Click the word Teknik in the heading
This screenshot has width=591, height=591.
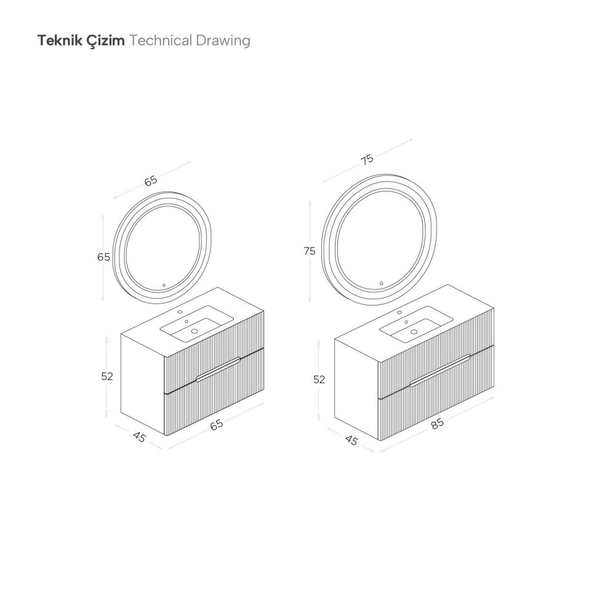60,40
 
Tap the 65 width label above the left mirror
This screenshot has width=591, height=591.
151,181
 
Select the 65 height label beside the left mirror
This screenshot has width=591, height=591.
103,257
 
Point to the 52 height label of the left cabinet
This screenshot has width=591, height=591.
107,376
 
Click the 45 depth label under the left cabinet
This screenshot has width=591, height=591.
139,437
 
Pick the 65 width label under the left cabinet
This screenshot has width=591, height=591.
217,425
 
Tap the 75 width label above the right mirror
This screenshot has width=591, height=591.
367,159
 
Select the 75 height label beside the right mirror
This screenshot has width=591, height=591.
310,251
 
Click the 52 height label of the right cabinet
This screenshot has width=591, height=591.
319,379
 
